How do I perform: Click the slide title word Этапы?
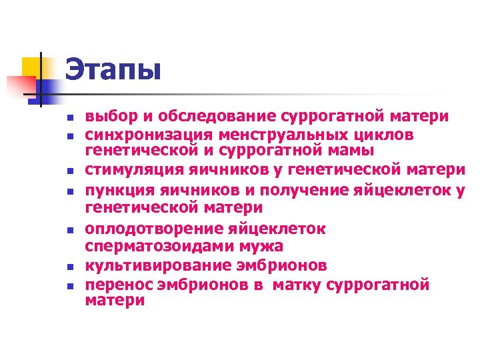click(113, 69)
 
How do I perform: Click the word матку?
click(306, 285)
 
